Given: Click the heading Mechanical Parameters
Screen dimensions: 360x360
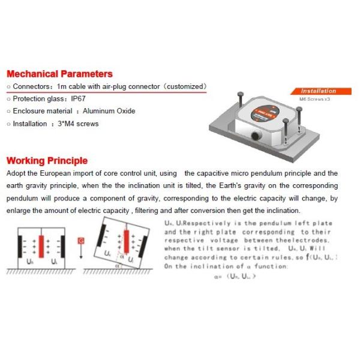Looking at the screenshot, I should click(59, 74).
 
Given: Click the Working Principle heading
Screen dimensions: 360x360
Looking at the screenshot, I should click(46, 161).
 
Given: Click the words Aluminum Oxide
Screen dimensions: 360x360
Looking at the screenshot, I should click(109, 111).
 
